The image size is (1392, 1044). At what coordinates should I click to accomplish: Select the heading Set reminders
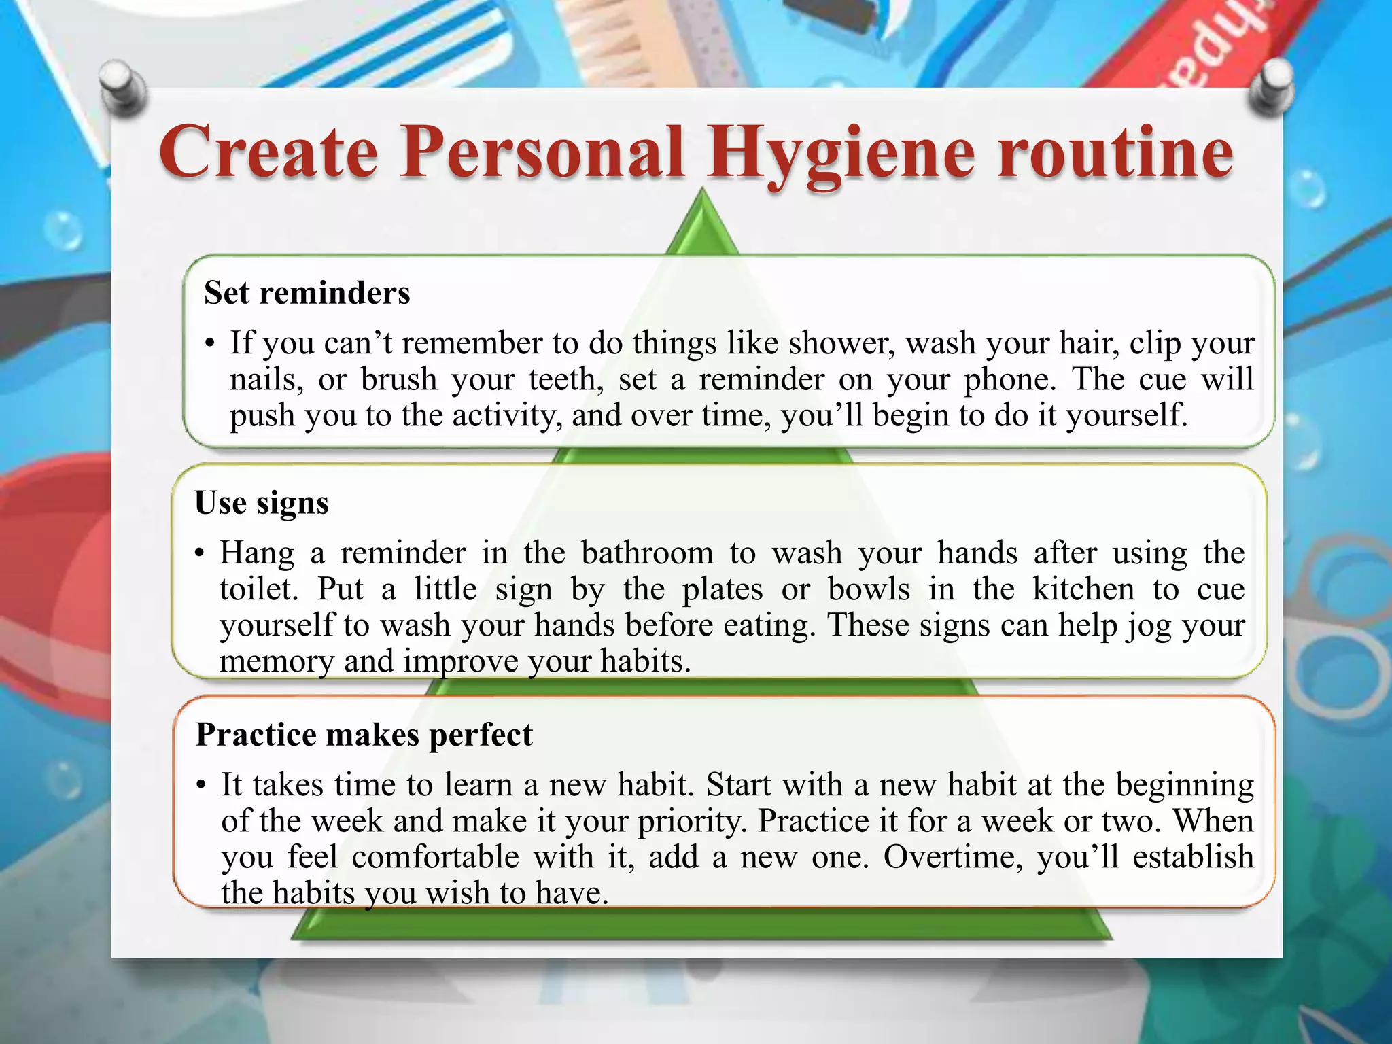(x=307, y=293)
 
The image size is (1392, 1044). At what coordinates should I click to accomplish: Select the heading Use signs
(x=262, y=503)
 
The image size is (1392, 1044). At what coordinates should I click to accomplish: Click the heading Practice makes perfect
(x=364, y=735)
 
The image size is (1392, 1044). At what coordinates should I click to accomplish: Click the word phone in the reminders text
(x=1009, y=379)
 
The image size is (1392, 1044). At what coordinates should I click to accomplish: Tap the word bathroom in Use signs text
(x=647, y=553)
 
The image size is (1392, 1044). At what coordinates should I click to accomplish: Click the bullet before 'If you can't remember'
(x=210, y=343)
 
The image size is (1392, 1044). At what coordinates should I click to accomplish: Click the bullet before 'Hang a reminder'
(x=200, y=553)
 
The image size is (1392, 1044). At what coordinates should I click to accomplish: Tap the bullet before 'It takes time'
(x=201, y=786)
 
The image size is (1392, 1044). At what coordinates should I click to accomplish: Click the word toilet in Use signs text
(x=258, y=589)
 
